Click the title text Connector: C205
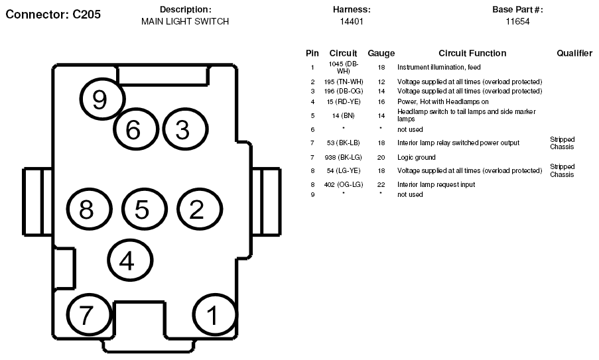[53, 15]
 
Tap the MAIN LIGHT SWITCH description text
[185, 21]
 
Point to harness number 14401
[352, 21]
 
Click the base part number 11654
[517, 21]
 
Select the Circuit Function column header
[472, 53]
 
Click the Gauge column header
[381, 54]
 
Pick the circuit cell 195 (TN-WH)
[344, 82]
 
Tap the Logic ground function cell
[417, 157]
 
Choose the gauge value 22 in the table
[381, 184]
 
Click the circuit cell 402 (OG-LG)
[344, 184]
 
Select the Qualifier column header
[574, 53]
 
